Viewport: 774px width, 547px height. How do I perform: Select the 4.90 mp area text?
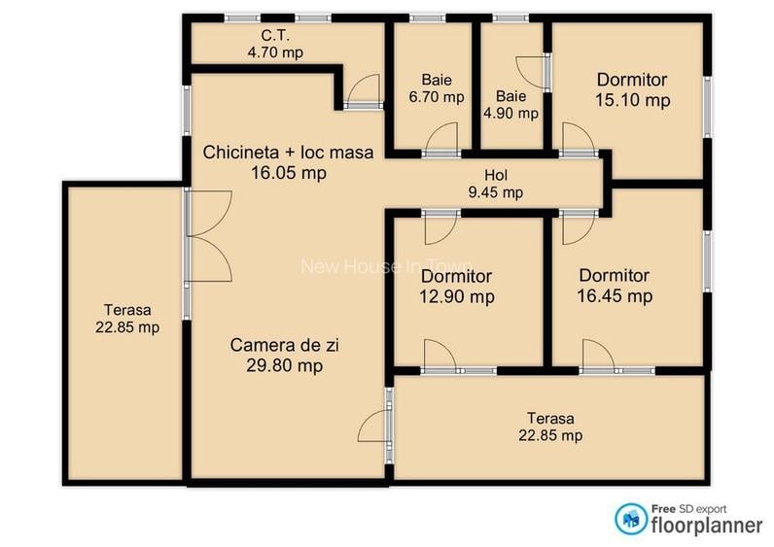tap(510, 113)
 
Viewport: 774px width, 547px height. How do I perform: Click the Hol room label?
tap(496, 176)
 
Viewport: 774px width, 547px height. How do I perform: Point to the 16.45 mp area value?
tap(614, 295)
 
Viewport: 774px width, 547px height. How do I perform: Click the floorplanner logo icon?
tap(628, 519)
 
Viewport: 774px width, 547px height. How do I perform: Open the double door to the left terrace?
tap(209, 237)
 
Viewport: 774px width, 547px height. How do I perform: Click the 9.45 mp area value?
tap(496, 192)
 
